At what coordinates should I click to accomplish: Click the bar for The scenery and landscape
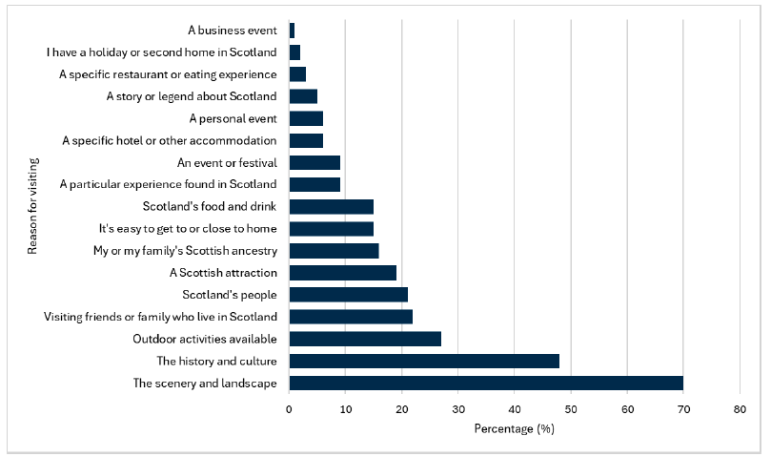486,384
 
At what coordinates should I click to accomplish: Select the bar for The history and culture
424,362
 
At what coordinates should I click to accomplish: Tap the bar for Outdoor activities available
365,339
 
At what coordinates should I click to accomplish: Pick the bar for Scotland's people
348,295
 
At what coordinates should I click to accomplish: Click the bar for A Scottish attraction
342,273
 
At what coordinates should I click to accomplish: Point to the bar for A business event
292,31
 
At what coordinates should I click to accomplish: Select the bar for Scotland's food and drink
331,207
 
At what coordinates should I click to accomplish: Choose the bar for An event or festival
314,162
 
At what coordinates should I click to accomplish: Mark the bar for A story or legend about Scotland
303,96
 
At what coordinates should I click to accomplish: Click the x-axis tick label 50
571,408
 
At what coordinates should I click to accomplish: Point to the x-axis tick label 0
289,408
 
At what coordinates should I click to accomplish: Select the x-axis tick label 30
458,408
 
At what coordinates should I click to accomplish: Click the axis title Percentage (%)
514,428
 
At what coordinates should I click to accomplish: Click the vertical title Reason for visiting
32,207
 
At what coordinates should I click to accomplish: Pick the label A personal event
233,118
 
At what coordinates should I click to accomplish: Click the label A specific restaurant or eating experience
168,74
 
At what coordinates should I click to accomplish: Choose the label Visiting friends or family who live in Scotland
160,317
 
